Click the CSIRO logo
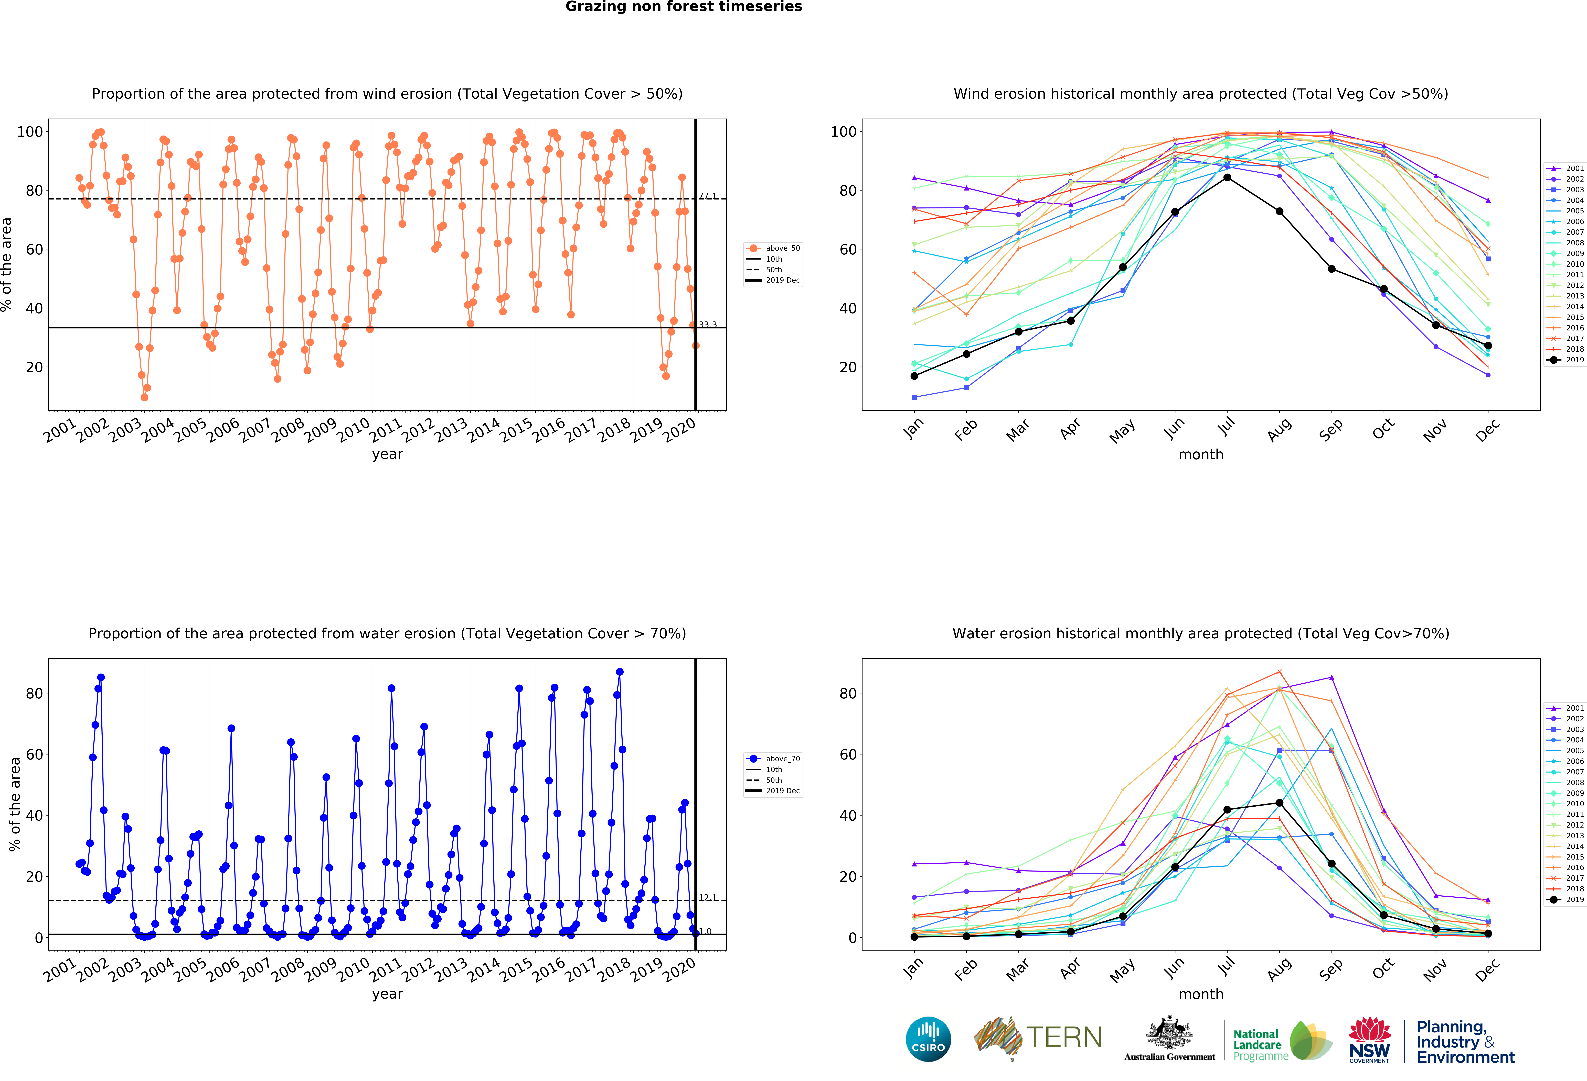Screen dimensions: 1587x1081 coord(928,1039)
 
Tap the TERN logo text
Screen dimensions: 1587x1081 coord(1064,1037)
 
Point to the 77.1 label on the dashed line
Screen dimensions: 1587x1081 coord(707,196)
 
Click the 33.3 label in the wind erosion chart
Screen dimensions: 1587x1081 coord(707,325)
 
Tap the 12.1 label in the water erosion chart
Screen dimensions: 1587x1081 coord(707,897)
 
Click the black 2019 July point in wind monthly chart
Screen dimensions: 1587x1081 coord(1227,177)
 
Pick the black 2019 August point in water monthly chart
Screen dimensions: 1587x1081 coord(1279,803)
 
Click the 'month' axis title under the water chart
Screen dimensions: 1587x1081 coord(1201,994)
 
